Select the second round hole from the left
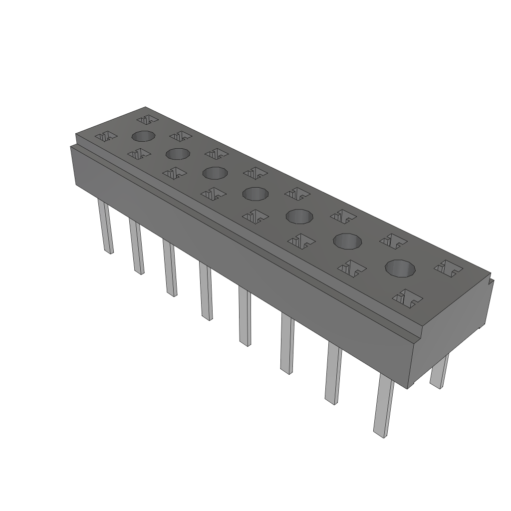(x=178, y=154)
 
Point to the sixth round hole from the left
(x=347, y=241)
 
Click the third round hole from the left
(x=215, y=173)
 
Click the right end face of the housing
(x=452, y=324)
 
